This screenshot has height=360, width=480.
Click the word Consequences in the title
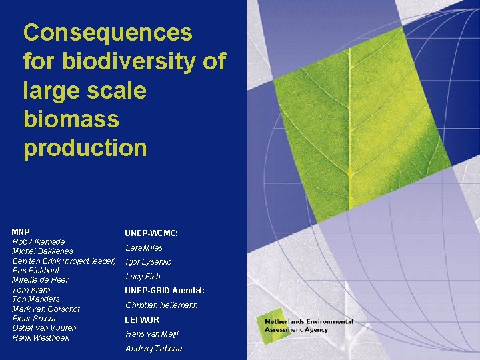pos(107,32)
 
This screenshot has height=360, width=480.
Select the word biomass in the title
pos(71,119)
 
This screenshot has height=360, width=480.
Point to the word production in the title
pos(85,148)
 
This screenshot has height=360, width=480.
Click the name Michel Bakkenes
pos(43,251)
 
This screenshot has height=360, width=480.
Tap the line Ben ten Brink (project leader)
pos(64,261)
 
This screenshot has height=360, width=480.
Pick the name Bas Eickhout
pos(36,270)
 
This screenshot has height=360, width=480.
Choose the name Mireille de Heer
pos(41,280)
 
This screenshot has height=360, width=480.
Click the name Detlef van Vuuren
pos(44,328)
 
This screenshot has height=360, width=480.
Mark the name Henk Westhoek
pos(41,338)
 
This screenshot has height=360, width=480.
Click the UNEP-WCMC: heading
pos(151,233)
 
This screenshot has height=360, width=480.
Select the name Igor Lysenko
pos(149,262)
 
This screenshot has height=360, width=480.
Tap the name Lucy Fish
pos(143,277)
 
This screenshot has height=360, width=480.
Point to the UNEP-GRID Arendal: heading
pos(165,291)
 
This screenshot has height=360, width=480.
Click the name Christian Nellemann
pos(161,305)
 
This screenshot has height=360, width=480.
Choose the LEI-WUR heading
pos(142,320)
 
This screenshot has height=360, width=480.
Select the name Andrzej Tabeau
pos(153,349)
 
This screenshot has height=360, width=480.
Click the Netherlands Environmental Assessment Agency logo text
pos(308,326)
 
